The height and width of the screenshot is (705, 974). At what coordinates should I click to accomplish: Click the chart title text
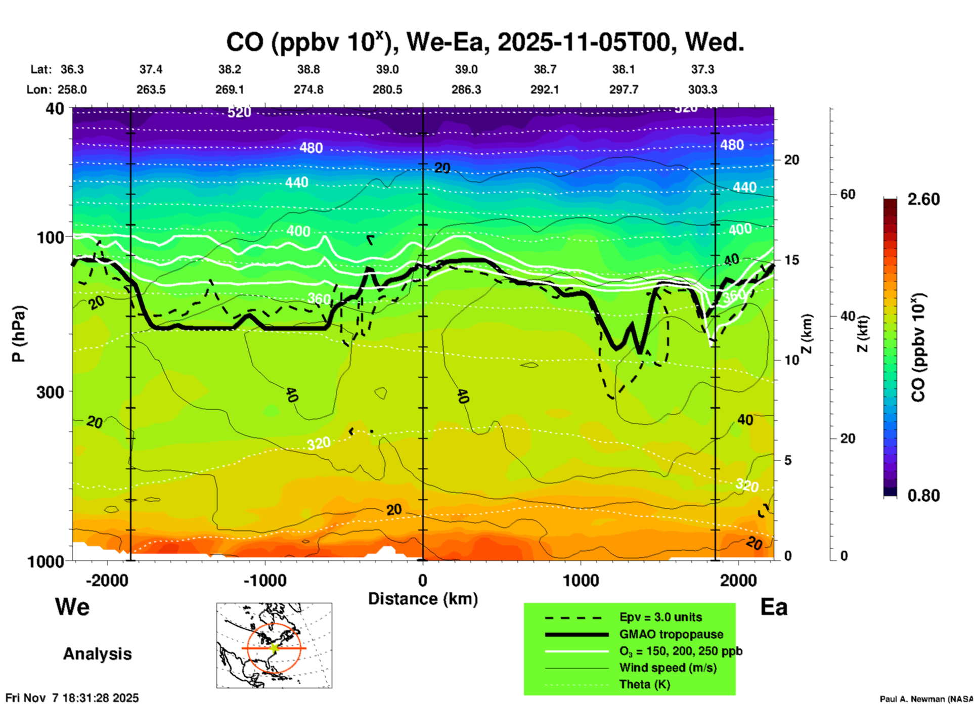click(484, 42)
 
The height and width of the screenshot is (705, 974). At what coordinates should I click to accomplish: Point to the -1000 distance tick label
click(265, 581)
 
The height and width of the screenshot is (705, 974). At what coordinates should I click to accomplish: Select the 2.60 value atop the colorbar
click(923, 199)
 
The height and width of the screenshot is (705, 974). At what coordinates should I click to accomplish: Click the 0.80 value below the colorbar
click(923, 495)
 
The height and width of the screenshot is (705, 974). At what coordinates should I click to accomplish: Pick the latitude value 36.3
click(72, 69)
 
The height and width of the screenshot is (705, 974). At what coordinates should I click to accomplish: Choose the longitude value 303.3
click(702, 90)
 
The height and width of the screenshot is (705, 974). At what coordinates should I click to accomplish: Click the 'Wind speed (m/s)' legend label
click(668, 668)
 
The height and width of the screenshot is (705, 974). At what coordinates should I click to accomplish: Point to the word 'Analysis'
click(97, 653)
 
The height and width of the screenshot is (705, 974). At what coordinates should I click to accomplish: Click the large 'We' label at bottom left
click(72, 606)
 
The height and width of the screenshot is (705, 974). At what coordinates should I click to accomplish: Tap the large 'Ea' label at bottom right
click(774, 607)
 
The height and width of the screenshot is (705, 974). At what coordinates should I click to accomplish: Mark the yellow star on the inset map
click(274, 648)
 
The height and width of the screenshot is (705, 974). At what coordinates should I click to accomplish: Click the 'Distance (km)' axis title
click(423, 599)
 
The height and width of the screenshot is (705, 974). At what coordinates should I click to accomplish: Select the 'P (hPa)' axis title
click(19, 334)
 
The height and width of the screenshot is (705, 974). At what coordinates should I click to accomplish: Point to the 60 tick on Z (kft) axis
click(848, 194)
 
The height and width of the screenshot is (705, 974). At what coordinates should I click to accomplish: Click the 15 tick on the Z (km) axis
click(791, 260)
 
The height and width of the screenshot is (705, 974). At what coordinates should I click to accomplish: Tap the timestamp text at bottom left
click(72, 698)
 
